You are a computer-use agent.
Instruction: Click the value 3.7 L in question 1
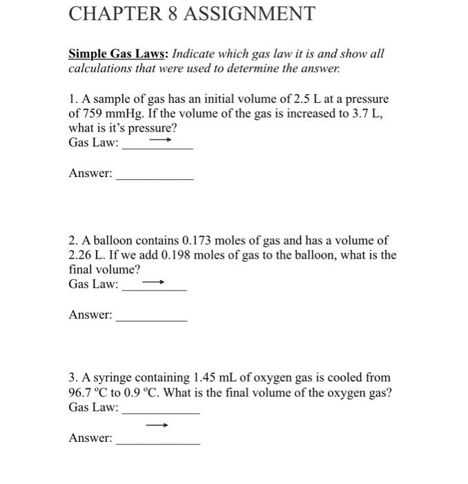tap(368, 114)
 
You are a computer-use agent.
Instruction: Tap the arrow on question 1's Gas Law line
tap(160, 139)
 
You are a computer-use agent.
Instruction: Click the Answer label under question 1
tap(90, 174)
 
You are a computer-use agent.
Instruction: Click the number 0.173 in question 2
tap(199, 241)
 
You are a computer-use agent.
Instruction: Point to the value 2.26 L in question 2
tap(86, 255)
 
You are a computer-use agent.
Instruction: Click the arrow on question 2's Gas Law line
tap(153, 282)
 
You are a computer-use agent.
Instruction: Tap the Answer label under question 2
tap(90, 315)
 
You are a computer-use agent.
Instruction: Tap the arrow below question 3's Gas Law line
tap(157, 425)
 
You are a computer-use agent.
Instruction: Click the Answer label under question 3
tap(90, 438)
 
